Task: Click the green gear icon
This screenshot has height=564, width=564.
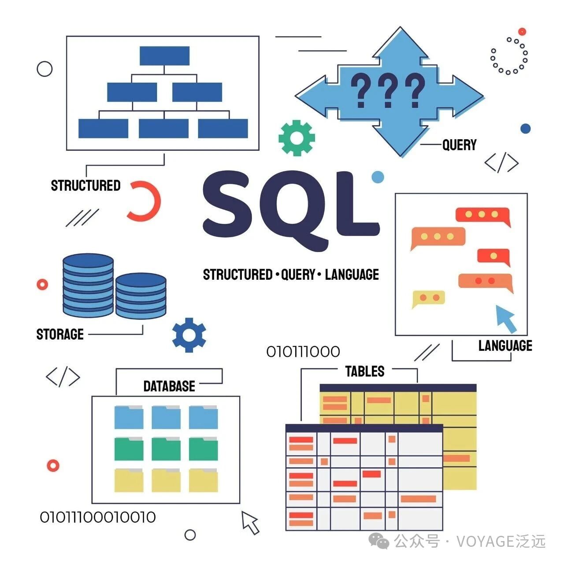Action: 297,138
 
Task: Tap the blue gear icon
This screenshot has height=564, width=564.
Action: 189,335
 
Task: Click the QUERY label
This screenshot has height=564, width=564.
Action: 459,145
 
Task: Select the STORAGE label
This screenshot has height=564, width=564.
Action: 60,334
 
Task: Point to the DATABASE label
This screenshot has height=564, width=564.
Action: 169,386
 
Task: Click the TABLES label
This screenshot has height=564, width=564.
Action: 364,371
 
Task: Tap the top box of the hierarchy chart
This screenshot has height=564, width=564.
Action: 164,56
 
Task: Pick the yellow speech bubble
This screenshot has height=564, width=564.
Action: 428,298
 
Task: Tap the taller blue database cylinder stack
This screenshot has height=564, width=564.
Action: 88,285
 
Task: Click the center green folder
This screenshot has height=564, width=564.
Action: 166,449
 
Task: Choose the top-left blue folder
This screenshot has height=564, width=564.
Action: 129,417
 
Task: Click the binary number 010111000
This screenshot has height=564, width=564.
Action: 303,352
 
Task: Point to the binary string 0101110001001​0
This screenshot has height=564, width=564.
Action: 98,517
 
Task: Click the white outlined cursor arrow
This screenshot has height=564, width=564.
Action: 250,523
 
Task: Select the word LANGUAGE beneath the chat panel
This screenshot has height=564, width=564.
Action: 505,346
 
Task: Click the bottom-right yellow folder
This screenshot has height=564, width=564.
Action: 203,480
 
